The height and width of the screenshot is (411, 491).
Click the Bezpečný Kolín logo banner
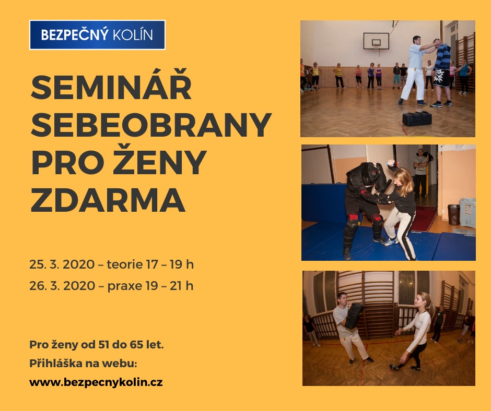click(x=97, y=35)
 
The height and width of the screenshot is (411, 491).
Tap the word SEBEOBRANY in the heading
click(x=151, y=125)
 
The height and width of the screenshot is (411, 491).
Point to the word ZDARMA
click(x=108, y=200)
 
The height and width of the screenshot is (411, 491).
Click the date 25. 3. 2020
click(x=62, y=264)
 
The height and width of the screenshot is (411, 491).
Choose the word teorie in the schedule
click(x=125, y=264)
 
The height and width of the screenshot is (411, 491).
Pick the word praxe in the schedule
click(x=125, y=286)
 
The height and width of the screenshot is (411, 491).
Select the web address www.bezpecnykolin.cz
click(x=96, y=382)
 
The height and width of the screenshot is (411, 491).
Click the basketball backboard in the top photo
click(x=376, y=41)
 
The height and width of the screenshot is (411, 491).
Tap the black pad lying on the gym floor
click(x=417, y=118)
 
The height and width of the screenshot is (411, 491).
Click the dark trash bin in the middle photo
click(x=453, y=214)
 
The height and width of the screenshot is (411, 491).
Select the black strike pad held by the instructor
click(x=354, y=316)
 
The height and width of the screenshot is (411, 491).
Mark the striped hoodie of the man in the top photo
click(x=442, y=57)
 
